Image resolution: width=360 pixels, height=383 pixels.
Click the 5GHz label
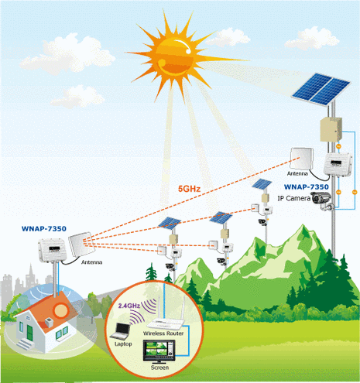(x=189, y=189)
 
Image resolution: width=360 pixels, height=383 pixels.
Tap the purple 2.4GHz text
(x=129, y=306)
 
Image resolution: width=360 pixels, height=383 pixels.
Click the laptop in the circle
(x=121, y=331)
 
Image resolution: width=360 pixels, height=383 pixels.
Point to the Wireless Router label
(x=163, y=333)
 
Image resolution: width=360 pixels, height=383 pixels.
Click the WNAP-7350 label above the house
(x=44, y=229)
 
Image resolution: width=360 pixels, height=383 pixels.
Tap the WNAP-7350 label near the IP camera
(x=307, y=186)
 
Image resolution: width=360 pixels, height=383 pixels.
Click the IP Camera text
(x=293, y=198)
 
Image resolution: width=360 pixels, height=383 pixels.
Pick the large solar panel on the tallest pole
(x=321, y=89)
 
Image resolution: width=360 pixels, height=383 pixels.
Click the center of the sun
(x=174, y=55)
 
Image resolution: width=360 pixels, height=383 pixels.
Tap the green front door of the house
(x=30, y=333)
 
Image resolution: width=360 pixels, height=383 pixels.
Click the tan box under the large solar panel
(x=331, y=129)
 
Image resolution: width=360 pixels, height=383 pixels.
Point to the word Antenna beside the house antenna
(x=91, y=262)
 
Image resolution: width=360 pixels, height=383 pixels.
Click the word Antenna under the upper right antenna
(x=297, y=173)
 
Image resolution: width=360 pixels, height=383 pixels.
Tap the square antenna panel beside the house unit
(x=81, y=245)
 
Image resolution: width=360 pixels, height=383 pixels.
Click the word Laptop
(x=123, y=344)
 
